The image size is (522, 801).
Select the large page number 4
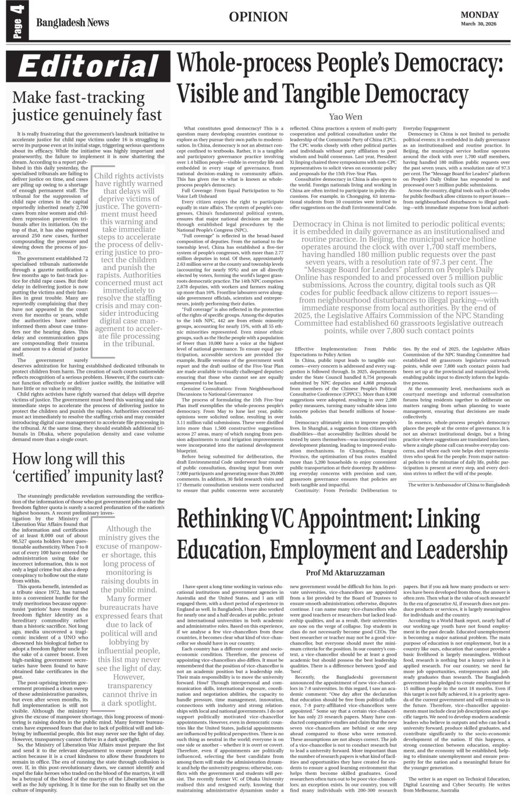click(14, 10)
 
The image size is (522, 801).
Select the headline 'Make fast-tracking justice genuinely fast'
click(88, 106)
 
